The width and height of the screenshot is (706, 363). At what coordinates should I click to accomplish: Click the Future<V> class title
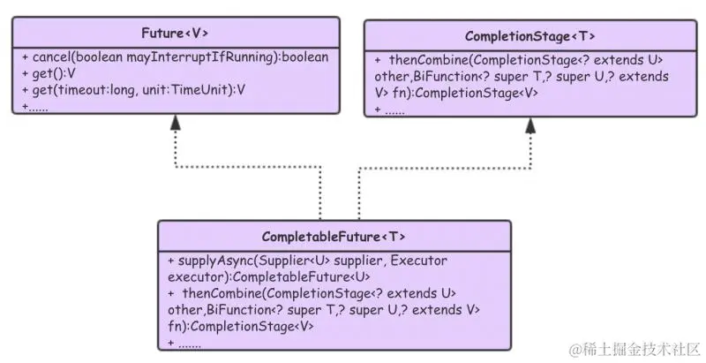tap(175, 34)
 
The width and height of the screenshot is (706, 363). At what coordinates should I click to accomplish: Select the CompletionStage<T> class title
tap(529, 36)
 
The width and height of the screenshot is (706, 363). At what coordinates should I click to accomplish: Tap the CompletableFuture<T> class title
tap(334, 237)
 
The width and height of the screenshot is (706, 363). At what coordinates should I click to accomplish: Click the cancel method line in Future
tap(175, 57)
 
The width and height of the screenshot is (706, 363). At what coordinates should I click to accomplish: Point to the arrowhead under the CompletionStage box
tap(530, 125)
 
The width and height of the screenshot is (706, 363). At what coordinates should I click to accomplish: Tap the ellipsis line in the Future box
tap(35, 106)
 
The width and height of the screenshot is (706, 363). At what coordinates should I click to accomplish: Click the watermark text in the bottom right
tap(635, 348)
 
